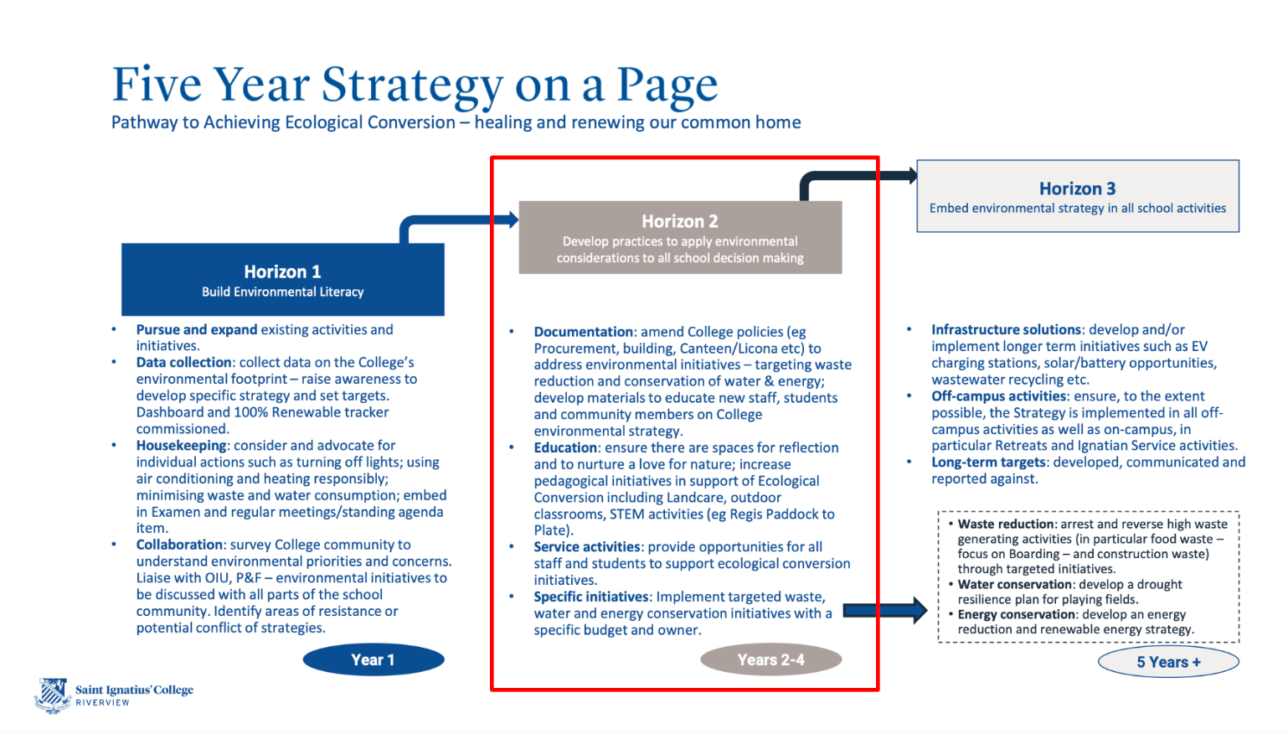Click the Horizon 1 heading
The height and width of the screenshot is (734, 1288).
click(x=282, y=271)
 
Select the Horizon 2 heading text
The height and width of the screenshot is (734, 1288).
click(x=679, y=221)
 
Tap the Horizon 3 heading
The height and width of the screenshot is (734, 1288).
click(x=1077, y=189)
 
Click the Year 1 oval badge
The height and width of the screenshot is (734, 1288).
click(x=373, y=660)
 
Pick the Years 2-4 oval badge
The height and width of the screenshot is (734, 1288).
click(x=770, y=660)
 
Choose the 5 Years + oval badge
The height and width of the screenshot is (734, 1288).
click(x=1168, y=662)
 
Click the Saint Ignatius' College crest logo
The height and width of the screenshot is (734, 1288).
click(x=54, y=695)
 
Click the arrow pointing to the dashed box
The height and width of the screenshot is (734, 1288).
click(x=884, y=611)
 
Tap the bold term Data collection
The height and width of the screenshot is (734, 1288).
click(x=184, y=363)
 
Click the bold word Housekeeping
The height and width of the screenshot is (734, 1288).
click(x=182, y=446)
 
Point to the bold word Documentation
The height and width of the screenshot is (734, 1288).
click(x=584, y=332)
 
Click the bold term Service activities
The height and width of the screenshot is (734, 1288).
click(x=587, y=547)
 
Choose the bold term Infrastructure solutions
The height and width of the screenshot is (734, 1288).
click(x=1006, y=330)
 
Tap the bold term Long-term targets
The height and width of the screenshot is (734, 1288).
click(x=988, y=463)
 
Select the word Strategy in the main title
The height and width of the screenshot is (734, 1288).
click(x=412, y=85)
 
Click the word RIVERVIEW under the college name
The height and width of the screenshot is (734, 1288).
click(x=102, y=703)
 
